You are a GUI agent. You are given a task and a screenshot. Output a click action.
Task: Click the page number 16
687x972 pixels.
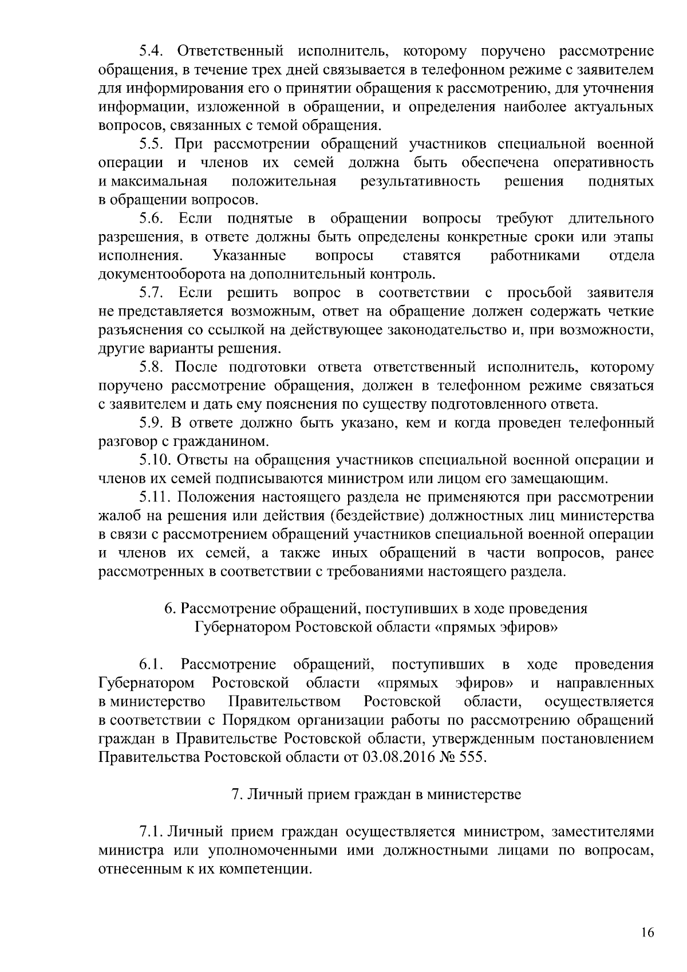(647, 932)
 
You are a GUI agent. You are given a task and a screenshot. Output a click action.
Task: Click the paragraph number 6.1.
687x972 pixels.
(152, 665)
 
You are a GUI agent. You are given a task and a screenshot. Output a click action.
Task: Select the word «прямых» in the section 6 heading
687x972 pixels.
(467, 627)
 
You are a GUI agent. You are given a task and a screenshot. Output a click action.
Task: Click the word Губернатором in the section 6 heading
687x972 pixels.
(240, 627)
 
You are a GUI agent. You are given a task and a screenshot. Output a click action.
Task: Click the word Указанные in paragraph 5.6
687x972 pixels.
(250, 255)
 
